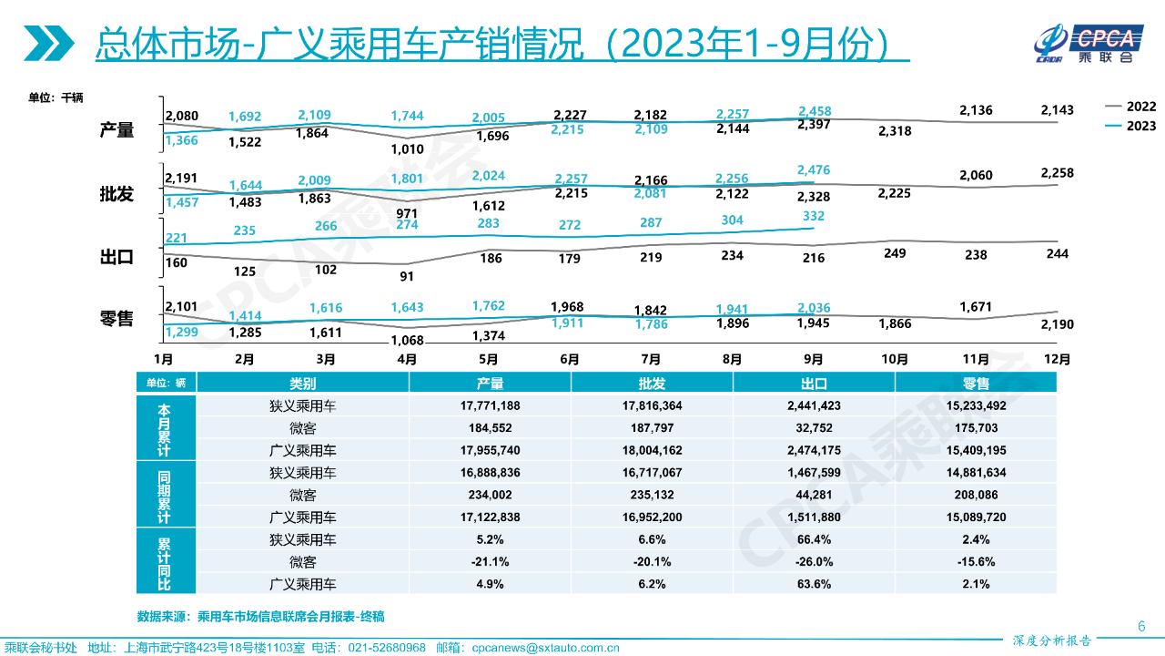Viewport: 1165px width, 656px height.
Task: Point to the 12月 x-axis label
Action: (x=1057, y=359)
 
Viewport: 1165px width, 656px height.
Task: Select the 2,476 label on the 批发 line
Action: (x=814, y=169)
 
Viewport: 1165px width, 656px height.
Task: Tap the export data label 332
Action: (x=814, y=216)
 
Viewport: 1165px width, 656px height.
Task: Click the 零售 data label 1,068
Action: (x=407, y=341)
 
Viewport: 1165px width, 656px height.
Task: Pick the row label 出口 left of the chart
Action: (x=116, y=257)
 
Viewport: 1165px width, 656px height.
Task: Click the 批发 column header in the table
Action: (x=652, y=384)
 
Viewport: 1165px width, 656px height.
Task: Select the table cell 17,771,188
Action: (x=490, y=405)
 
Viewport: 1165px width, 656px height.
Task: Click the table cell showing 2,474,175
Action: (x=814, y=449)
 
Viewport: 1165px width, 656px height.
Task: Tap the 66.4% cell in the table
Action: (x=814, y=540)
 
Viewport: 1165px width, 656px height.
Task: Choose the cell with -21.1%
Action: (x=490, y=562)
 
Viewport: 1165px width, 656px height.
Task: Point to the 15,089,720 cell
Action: (x=976, y=518)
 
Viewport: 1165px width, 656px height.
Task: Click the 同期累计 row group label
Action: (x=165, y=494)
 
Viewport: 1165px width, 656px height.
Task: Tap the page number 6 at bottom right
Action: (x=1141, y=626)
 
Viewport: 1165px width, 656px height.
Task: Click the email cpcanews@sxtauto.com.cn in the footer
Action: (x=545, y=648)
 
